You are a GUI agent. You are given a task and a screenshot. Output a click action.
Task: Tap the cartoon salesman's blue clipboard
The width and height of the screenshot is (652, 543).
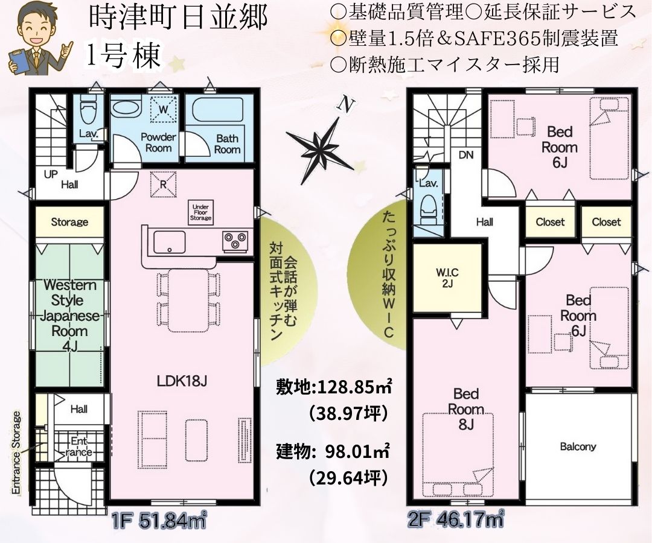coord(18,62)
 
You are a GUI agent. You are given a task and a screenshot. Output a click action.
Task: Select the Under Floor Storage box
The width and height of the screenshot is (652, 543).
coord(200,212)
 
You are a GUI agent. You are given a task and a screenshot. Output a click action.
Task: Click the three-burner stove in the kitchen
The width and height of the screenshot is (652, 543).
coord(235,241)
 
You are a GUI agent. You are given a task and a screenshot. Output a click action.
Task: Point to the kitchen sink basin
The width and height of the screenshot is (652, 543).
coord(169,241)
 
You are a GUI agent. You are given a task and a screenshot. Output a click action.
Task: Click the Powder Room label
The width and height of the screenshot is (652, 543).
coord(158,142)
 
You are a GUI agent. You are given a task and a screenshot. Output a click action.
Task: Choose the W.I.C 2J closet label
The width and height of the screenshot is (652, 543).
coord(447,278)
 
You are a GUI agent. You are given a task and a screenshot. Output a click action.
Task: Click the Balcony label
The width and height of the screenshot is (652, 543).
coord(578,446)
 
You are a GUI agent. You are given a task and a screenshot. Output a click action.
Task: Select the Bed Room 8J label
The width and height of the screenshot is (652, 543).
coord(465,409)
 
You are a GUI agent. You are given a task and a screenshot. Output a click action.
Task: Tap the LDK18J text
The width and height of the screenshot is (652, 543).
coord(182,381)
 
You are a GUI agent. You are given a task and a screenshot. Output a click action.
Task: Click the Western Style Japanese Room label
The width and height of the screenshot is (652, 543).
coord(69,316)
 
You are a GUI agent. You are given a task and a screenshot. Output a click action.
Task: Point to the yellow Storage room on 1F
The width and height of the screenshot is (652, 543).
coord(69,222)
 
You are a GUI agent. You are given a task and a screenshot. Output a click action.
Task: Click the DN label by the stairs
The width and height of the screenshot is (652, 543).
coord(466,155)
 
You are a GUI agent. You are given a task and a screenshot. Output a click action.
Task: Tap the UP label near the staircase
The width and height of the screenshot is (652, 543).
coord(51,174)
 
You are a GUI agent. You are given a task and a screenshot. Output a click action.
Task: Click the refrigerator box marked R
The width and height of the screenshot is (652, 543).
coord(163,184)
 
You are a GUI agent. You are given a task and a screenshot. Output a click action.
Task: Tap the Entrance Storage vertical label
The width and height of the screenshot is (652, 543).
coord(16,453)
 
